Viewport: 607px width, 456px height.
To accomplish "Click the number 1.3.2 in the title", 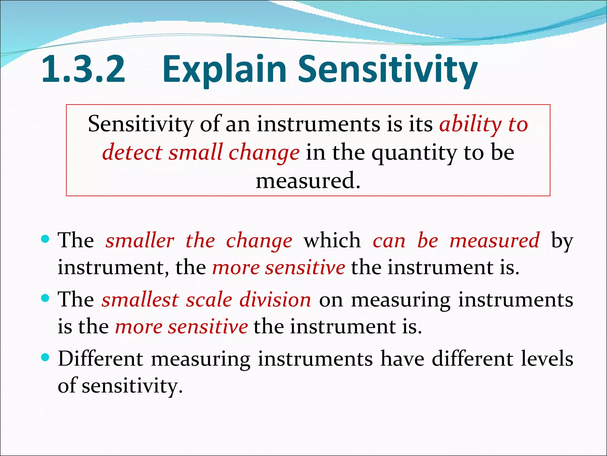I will click(83, 69).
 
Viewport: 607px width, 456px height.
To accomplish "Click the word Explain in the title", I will click(224, 69).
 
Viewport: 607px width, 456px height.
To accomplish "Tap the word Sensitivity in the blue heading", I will click(388, 69).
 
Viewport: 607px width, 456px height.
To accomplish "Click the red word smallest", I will click(140, 300).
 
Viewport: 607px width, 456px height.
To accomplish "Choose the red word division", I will click(275, 300).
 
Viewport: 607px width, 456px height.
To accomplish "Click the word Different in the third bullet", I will click(100, 359).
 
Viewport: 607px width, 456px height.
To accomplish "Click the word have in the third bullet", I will click(402, 359).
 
